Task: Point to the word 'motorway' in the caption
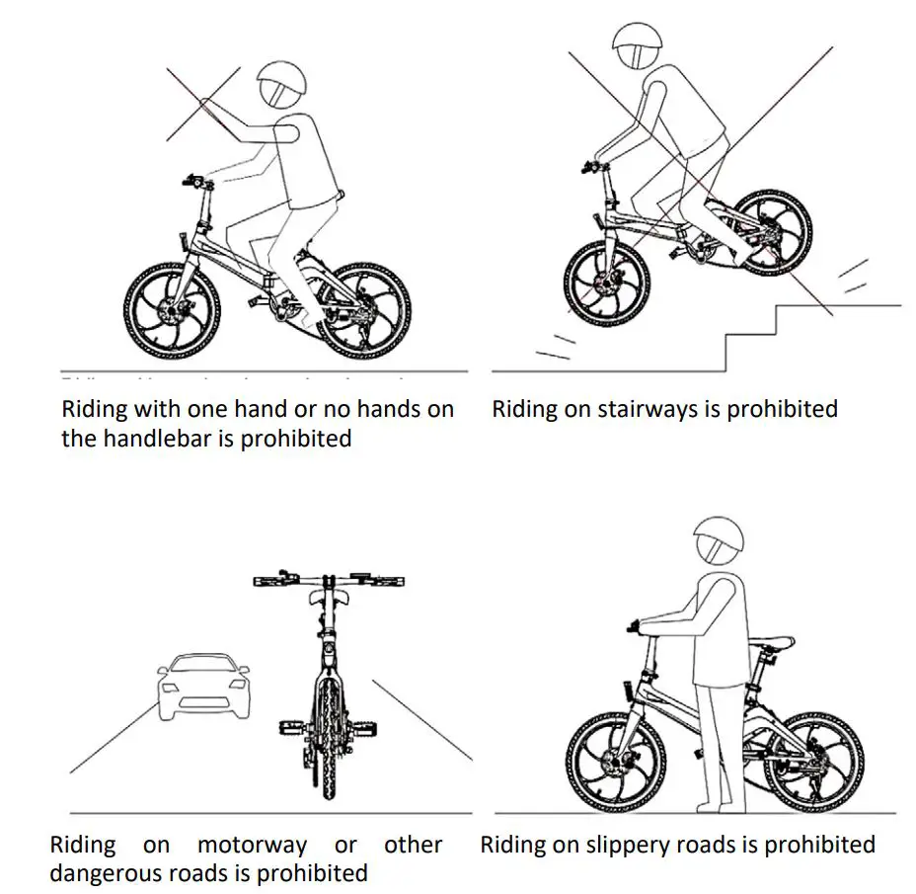click(x=252, y=846)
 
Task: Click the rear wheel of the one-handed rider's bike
click(x=366, y=313)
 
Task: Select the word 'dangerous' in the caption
click(x=110, y=874)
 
